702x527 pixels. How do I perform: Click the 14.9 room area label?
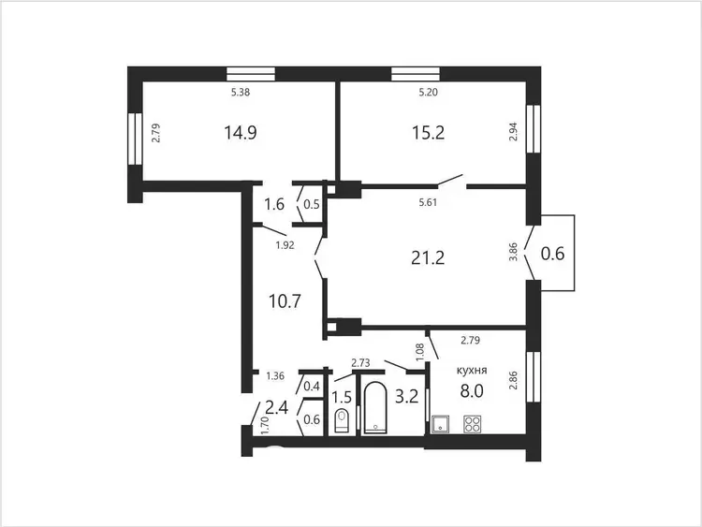click(x=241, y=133)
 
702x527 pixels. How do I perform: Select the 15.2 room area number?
click(x=428, y=133)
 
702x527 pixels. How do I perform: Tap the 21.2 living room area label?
click(x=428, y=258)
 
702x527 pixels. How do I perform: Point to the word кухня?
click(x=472, y=371)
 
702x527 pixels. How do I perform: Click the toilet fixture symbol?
click(x=342, y=421)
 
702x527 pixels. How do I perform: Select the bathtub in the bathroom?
click(x=374, y=408)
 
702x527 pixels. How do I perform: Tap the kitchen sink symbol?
click(x=441, y=424)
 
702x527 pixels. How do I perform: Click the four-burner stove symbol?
click(x=473, y=424)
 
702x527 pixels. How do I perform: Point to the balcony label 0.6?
click(x=552, y=254)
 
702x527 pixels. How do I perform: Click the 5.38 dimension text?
click(x=241, y=93)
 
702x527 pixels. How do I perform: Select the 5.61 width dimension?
click(x=428, y=202)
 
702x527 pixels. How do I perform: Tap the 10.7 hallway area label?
click(x=285, y=301)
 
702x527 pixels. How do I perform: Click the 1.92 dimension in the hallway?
click(x=285, y=245)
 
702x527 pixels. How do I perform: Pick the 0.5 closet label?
click(x=312, y=205)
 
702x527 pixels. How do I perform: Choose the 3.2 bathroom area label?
click(x=406, y=396)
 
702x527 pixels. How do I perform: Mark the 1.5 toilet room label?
click(x=342, y=397)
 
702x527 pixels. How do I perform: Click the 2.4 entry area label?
click(x=277, y=408)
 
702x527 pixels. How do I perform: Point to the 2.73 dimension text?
click(x=361, y=363)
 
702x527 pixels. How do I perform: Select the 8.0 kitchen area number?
click(x=472, y=391)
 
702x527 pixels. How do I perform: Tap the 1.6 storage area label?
click(x=274, y=205)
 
